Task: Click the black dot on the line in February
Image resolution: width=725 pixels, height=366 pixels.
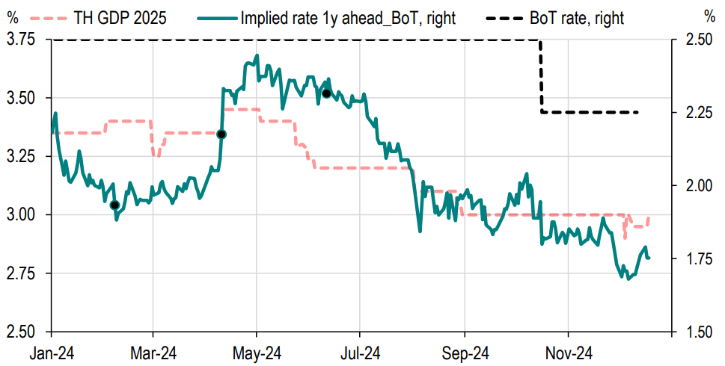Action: coord(114,205)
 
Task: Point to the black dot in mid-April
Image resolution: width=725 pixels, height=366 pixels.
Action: coord(221,134)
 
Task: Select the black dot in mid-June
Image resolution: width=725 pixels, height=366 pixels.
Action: coord(326,93)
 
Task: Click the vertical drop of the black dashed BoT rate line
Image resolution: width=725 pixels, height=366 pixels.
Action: coord(541,75)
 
